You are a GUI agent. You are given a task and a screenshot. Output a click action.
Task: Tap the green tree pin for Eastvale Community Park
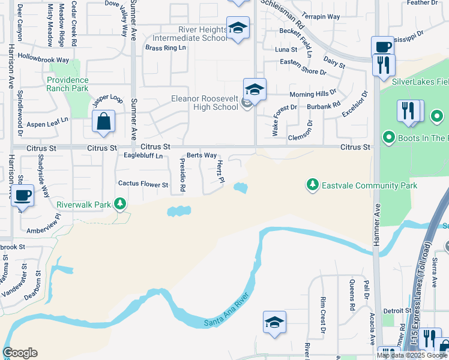pyautogui.click(x=312, y=184)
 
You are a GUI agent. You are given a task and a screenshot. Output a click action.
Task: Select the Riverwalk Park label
pyautogui.click(x=83, y=205)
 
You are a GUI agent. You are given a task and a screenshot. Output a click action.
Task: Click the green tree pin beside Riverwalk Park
pyautogui.click(x=120, y=205)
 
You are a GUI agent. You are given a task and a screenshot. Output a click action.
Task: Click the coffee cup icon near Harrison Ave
pyautogui.click(x=23, y=195)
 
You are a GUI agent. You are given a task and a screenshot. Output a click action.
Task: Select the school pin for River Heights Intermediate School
pyautogui.click(x=238, y=28)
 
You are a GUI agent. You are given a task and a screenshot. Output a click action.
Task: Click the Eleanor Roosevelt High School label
pyautogui.click(x=205, y=103)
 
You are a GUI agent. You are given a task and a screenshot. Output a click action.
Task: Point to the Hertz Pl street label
pyautogui.click(x=220, y=172)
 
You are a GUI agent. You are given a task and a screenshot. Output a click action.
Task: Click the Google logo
pyautogui.click(x=20, y=353)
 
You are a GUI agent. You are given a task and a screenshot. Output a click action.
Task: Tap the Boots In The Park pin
pyautogui.click(x=388, y=138)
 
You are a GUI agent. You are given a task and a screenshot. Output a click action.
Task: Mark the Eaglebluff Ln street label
pyautogui.click(x=143, y=156)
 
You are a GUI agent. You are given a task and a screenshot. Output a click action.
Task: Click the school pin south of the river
pyautogui.click(x=274, y=322)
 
